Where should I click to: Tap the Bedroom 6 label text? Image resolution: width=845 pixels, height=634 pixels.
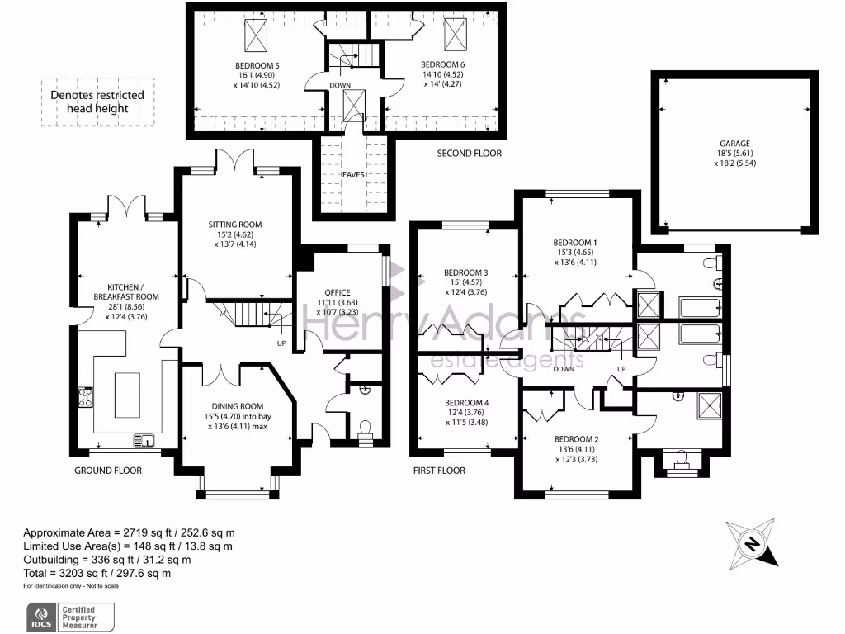click(441, 64)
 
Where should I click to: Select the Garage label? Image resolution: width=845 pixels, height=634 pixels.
click(734, 143)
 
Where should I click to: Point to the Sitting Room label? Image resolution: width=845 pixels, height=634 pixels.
click(235, 225)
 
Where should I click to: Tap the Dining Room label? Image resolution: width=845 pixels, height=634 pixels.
click(237, 406)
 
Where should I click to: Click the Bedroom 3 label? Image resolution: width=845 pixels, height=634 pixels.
click(466, 273)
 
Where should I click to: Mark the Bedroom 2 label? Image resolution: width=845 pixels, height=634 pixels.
click(575, 439)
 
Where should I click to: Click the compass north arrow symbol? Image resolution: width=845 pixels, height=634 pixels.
click(752, 542)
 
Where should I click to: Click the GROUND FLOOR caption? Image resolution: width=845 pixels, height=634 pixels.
click(108, 471)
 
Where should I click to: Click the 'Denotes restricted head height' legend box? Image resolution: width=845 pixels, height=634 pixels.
click(97, 102)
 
